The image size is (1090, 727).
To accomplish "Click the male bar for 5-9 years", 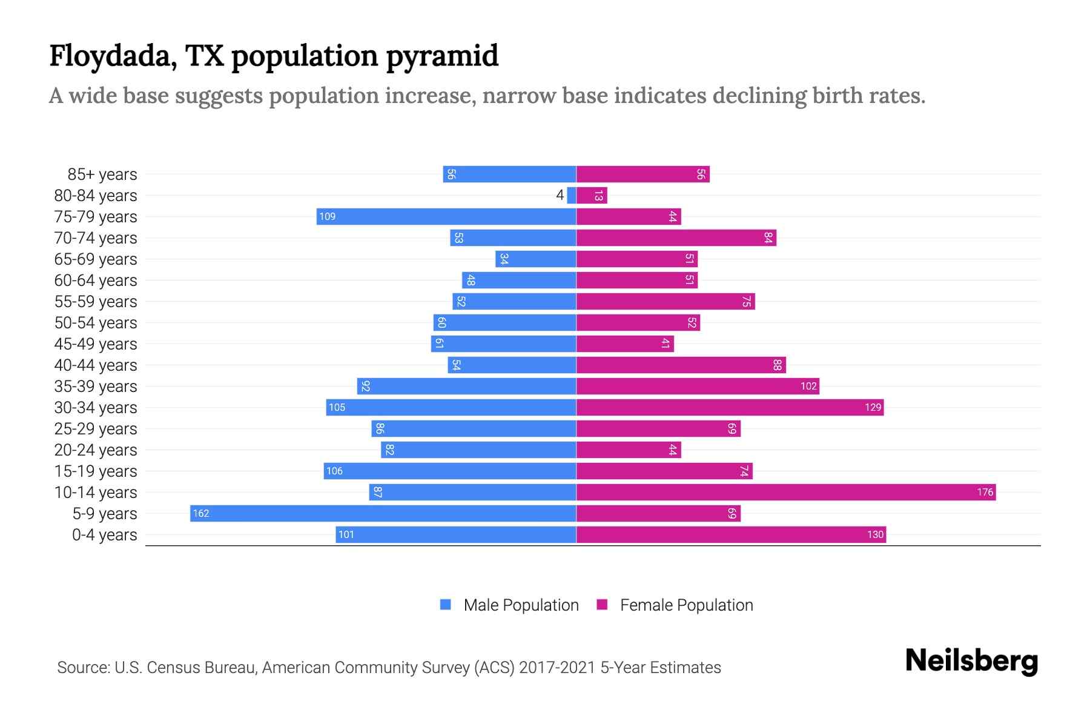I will tap(383, 513).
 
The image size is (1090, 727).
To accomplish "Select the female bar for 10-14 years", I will tap(785, 492).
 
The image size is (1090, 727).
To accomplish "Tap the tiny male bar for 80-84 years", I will tap(572, 195).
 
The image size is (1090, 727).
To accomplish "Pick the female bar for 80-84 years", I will tap(592, 195).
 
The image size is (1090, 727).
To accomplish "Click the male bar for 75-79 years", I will tap(446, 216).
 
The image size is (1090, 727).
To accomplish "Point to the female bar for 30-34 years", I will tap(730, 407).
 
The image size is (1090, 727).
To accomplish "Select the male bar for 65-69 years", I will tap(536, 259).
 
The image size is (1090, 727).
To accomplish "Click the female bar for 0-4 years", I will tap(731, 534).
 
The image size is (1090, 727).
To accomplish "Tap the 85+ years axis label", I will tap(102, 174).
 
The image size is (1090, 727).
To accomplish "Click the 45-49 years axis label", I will tap(96, 344).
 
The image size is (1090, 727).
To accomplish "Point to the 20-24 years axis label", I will tap(96, 450).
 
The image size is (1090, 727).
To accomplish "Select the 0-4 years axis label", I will tap(104, 535).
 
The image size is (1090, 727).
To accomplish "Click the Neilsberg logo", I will tap(971, 660).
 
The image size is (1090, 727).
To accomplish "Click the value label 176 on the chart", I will tap(985, 492).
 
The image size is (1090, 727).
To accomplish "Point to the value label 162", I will tap(200, 513).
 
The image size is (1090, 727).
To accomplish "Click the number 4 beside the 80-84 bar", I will tap(560, 195).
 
